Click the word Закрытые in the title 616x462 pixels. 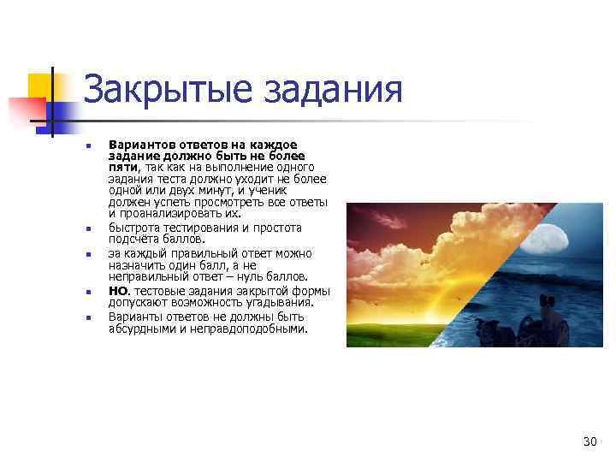point(169,89)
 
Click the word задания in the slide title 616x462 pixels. point(333,89)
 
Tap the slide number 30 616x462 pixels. point(589,441)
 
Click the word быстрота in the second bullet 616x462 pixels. point(133,228)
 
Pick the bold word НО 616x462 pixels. point(118,291)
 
